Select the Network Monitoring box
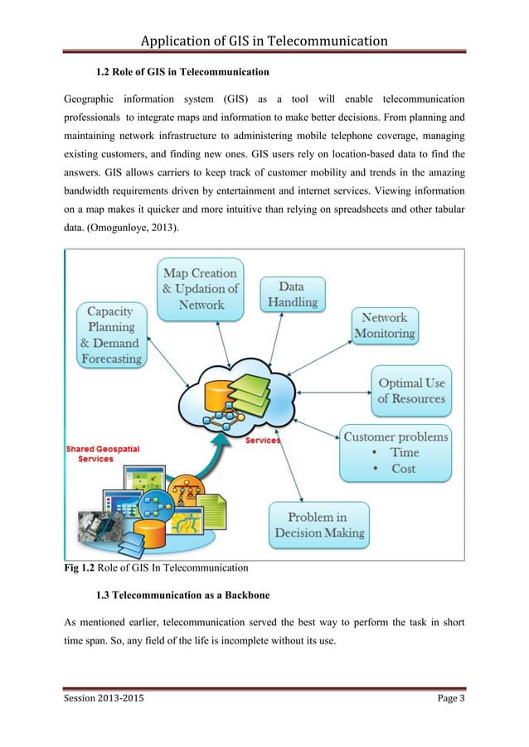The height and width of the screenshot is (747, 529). point(385,325)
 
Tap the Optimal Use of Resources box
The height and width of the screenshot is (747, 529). point(411,391)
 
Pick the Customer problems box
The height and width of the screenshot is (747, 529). point(396,452)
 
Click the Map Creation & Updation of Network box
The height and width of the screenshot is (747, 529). point(199,288)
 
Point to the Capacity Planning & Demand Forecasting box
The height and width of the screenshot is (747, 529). point(111,335)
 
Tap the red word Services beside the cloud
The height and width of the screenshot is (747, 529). point(262,441)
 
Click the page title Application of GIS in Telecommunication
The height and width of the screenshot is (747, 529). point(264,40)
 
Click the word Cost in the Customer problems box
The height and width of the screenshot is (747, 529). point(403,469)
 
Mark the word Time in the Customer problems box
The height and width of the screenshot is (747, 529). point(404,452)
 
